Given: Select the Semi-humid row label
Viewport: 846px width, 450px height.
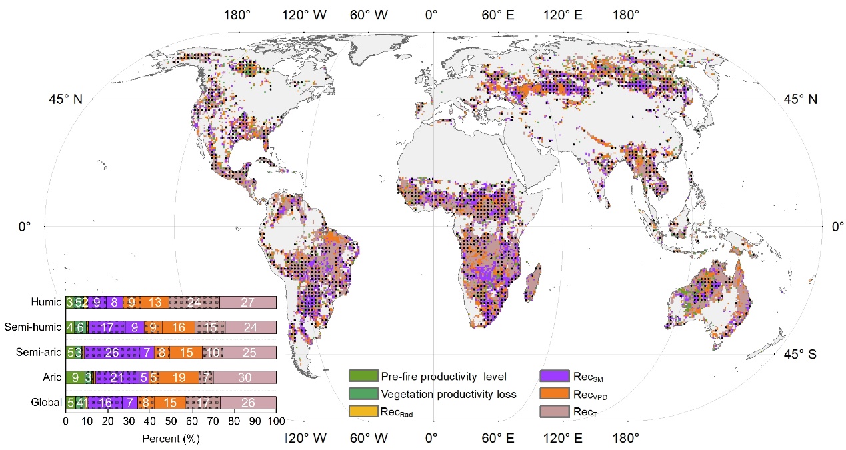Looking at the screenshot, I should (34, 327).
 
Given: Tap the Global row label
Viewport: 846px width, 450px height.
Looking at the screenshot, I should (48, 403).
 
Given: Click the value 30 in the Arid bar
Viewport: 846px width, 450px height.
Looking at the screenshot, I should (245, 377).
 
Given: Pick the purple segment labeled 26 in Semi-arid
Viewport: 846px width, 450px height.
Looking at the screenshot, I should (113, 352).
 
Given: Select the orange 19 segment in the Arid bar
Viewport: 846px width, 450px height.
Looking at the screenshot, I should (179, 377).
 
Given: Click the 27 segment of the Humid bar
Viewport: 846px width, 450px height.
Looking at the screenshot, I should (248, 302).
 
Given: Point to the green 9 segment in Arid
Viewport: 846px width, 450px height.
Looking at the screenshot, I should (75, 377).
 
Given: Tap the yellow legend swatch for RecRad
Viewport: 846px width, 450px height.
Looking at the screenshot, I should (363, 412).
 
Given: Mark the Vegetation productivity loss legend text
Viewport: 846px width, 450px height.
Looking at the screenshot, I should (449, 394).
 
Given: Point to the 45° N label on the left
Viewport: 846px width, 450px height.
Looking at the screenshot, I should (65, 99).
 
